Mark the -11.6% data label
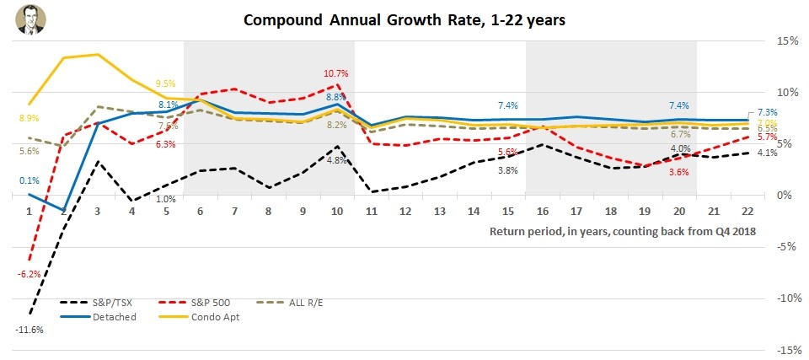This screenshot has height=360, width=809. pyautogui.click(x=30, y=330)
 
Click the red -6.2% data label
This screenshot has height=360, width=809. pyautogui.click(x=29, y=274)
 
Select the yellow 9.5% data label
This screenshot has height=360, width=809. pyautogui.click(x=165, y=83)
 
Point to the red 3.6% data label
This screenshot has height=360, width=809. pyautogui.click(x=678, y=172)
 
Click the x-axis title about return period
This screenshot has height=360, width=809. pyautogui.click(x=623, y=231)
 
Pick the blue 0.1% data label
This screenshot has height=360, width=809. pyautogui.click(x=28, y=180)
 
